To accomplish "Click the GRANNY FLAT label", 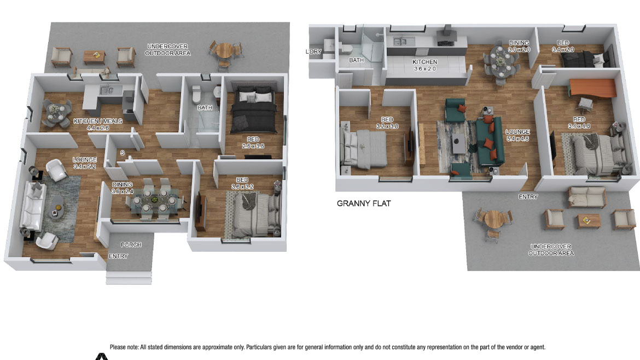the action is [364, 204].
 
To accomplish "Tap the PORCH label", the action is [131, 245].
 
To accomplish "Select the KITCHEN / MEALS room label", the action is [98, 121].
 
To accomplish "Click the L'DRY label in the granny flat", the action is [313, 51].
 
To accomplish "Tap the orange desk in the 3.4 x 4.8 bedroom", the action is [592, 89].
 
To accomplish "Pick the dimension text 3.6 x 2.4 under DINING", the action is [123, 191].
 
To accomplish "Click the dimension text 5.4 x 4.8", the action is [517, 138].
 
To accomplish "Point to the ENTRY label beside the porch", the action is [118, 256].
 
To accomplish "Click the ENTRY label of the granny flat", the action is [528, 197].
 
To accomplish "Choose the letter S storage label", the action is [122, 153].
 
